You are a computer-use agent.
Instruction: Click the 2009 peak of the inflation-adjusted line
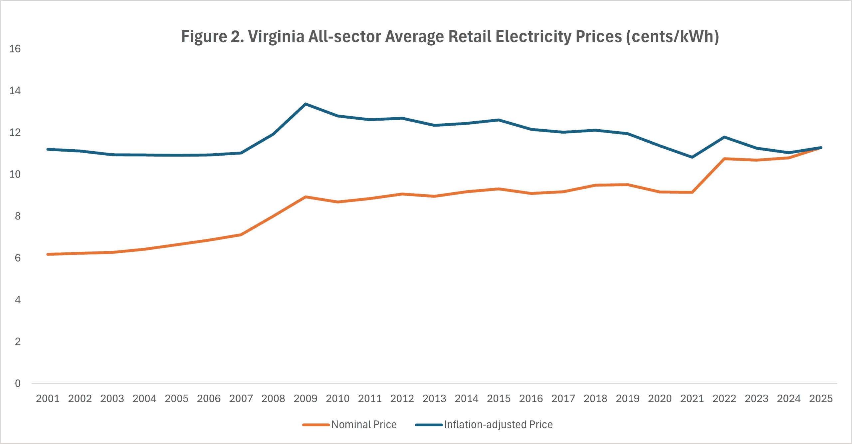click(306, 104)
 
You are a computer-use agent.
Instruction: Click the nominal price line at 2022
click(724, 159)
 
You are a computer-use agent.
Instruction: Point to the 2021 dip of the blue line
click(692, 157)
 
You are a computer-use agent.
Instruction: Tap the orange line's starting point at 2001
click(48, 254)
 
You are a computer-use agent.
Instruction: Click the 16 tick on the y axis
click(15, 49)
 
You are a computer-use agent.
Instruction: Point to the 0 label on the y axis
click(18, 383)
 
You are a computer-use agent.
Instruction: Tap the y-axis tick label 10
click(15, 174)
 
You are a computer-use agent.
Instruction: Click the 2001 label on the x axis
click(48, 398)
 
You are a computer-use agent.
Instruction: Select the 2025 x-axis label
click(821, 398)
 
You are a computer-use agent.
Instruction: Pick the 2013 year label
click(434, 398)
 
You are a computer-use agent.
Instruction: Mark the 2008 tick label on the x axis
click(273, 398)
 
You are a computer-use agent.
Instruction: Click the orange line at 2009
click(306, 197)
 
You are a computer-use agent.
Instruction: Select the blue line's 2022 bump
click(724, 137)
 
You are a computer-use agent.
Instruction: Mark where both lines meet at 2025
click(821, 148)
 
